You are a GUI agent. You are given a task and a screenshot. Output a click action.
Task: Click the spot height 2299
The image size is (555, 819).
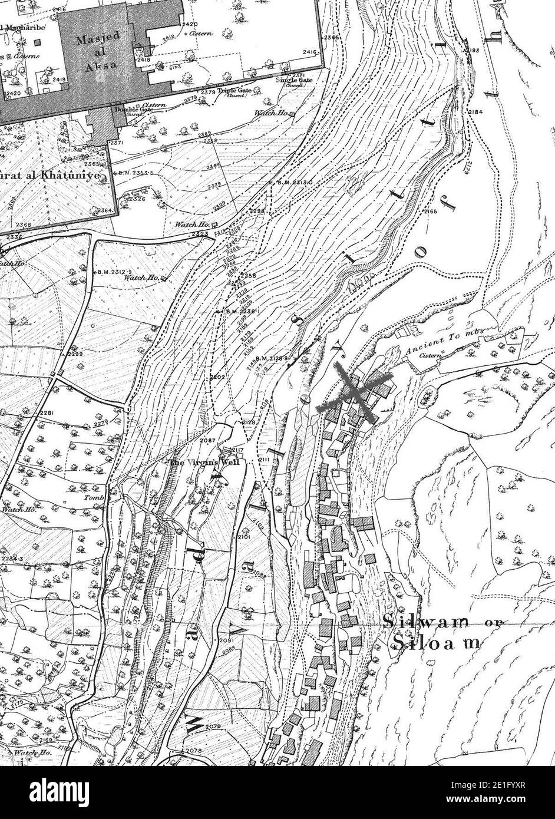(x=74, y=354)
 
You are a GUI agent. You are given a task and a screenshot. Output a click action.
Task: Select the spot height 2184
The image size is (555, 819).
(x=475, y=112)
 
